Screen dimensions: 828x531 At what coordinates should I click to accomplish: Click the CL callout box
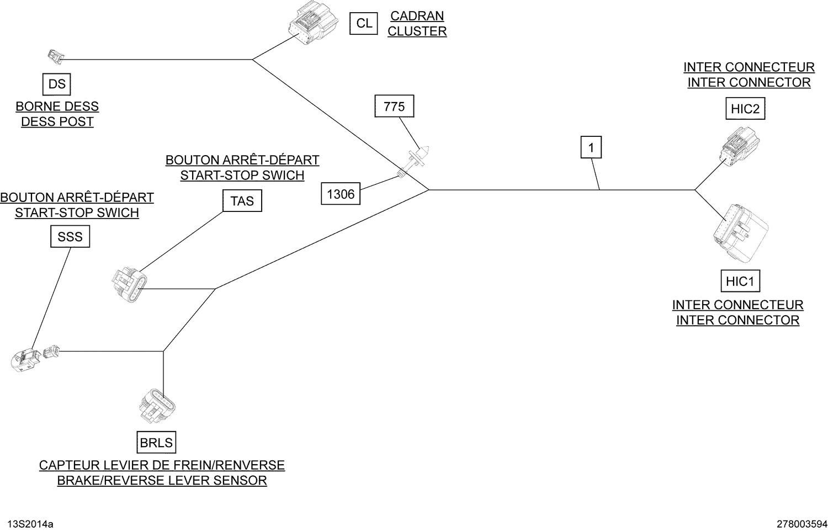(364, 24)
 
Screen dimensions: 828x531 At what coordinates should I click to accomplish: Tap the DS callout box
(56, 84)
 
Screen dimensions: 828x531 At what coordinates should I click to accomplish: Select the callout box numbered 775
(395, 107)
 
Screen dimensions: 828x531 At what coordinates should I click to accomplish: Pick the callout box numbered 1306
(341, 194)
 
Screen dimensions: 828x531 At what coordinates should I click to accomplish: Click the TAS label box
(242, 201)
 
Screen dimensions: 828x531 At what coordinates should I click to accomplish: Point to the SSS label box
(70, 236)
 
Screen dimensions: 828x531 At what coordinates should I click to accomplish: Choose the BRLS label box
(156, 442)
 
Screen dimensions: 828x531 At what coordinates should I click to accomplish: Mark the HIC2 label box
(745, 109)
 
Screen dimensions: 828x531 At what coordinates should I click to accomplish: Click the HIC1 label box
(740, 281)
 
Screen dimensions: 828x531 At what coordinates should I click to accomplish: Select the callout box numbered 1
(591, 147)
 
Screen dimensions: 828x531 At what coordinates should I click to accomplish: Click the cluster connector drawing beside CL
(313, 23)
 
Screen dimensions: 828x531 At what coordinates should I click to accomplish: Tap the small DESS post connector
(56, 57)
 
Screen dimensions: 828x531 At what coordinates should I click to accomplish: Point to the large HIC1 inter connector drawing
(740, 233)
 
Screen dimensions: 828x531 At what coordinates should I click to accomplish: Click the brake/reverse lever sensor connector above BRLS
(157, 406)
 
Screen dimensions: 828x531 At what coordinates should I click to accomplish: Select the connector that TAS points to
(129, 285)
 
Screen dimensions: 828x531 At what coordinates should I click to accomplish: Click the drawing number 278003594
(802, 524)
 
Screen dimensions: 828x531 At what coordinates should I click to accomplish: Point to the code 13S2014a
(30, 524)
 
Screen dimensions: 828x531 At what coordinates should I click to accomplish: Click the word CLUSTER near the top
(417, 31)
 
